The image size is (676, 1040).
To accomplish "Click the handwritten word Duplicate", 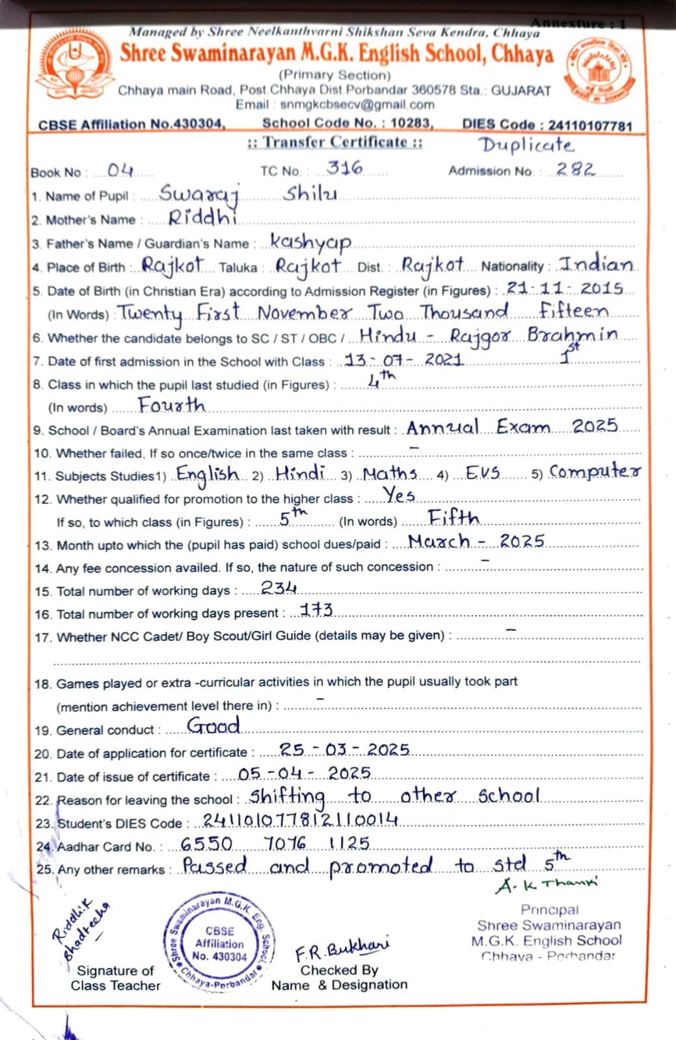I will coord(526,145).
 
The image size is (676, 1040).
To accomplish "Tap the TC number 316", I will coord(344,168).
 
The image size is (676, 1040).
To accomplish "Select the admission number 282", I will coord(575,170).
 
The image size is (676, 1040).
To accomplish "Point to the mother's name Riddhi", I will coord(202,218).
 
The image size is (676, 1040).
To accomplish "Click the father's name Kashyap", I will coord(310,242).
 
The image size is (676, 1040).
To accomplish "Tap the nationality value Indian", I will coord(597,265).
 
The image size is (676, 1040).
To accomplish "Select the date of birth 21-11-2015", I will coord(565,288).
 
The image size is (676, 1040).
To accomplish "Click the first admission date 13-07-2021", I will coord(403,359).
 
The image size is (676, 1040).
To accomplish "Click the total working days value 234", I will coord(278,588).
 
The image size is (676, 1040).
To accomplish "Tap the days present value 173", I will coord(317,610).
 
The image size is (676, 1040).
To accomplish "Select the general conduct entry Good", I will coord(213,725).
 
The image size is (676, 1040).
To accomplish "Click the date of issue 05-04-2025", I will coord(304,773).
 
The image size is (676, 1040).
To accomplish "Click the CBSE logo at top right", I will coord(599,70).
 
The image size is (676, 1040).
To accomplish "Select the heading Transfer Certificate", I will coord(335,142).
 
